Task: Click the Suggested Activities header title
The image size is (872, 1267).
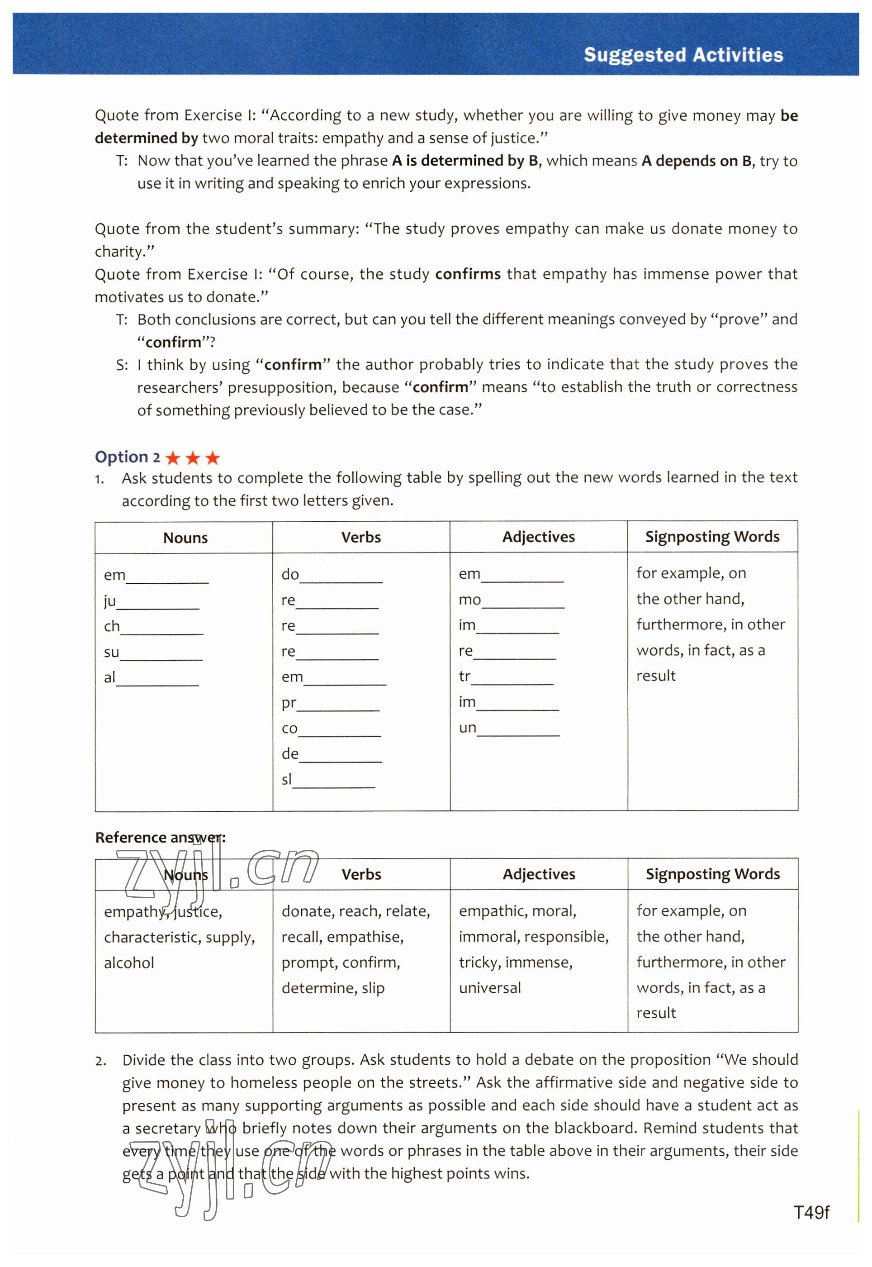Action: [x=683, y=55]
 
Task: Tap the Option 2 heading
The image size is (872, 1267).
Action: [x=127, y=457]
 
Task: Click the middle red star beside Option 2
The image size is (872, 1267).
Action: [x=192, y=458]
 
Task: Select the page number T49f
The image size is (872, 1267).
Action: [x=811, y=1213]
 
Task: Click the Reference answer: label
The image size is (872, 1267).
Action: [x=160, y=838]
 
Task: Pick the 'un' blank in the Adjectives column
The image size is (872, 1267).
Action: [x=518, y=730]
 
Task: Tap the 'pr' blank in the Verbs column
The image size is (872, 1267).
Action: [x=338, y=705]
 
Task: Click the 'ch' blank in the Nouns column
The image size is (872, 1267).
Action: [x=162, y=629]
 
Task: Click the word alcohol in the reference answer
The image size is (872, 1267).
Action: [x=129, y=962]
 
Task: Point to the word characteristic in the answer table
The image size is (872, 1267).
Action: [x=150, y=938]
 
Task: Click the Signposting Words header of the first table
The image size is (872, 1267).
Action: [x=712, y=537]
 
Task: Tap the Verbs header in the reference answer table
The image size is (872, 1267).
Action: [x=361, y=875]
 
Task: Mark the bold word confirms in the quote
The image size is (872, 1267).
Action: [x=468, y=274]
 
